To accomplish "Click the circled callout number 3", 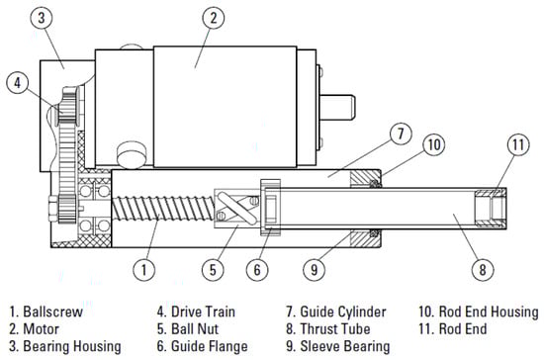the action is (42, 18).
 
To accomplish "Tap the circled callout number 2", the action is (213, 18).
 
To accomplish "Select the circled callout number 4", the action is (18, 82).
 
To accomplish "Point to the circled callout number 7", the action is (401, 134).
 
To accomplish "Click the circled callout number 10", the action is (434, 144).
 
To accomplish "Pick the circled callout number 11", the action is (518, 144).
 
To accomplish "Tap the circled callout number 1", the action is (144, 269).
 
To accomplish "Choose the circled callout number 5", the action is (213, 269).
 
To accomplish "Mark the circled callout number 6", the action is (257, 269).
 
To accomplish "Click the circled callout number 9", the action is (314, 269).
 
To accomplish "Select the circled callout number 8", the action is (483, 269).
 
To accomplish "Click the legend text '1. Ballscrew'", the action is (46, 312).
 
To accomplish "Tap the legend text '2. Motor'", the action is (34, 328).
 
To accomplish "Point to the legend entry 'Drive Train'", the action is (204, 312).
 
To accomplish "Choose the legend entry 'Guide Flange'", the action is (210, 346).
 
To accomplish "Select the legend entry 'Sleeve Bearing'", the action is (345, 346).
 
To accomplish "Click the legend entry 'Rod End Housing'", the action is (489, 312).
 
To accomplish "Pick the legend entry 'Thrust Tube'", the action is (335, 328).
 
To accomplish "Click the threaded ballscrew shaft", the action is (163, 209).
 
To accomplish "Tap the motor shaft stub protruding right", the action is (337, 108).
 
